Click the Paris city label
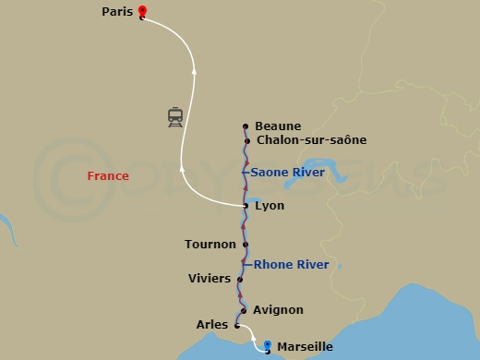(x=117, y=12)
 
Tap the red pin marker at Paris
(x=141, y=12)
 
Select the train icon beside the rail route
(x=174, y=117)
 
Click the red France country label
(x=107, y=175)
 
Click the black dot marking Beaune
(x=246, y=126)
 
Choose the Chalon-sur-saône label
(x=311, y=140)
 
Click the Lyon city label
(x=269, y=206)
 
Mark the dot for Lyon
(x=246, y=206)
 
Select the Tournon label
(x=210, y=245)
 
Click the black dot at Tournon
(x=246, y=245)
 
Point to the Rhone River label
(x=292, y=265)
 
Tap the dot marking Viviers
(x=240, y=279)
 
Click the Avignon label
(x=278, y=310)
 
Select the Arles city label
(x=212, y=325)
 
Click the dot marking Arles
(x=237, y=325)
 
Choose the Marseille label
(x=305, y=347)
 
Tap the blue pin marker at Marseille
(x=268, y=345)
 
